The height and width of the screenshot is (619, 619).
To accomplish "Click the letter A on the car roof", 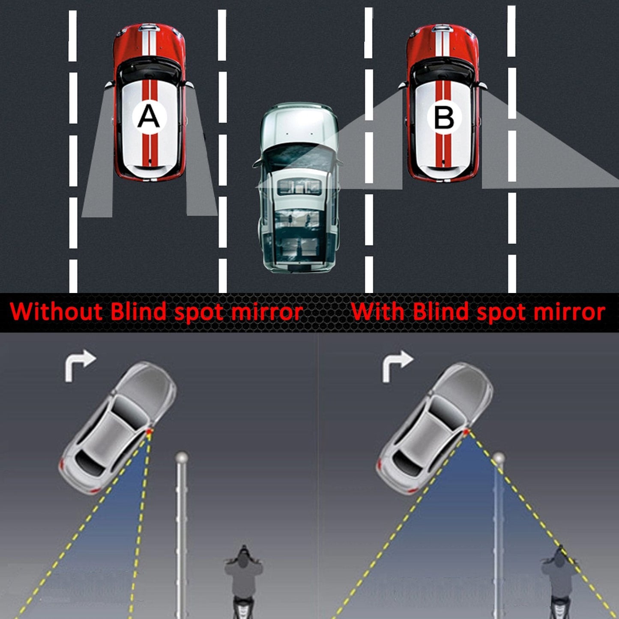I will (149, 117).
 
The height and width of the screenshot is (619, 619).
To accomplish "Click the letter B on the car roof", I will (443, 118).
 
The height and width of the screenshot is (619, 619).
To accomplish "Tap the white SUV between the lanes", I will (299, 188).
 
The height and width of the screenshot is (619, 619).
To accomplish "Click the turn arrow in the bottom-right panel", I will (397, 365).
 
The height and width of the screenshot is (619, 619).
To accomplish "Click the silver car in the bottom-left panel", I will (118, 428).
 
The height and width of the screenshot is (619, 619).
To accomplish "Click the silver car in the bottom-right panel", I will (435, 428).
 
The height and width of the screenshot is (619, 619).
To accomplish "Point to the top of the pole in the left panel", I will (181, 456).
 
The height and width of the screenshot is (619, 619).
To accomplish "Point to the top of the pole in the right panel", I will (498, 458).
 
